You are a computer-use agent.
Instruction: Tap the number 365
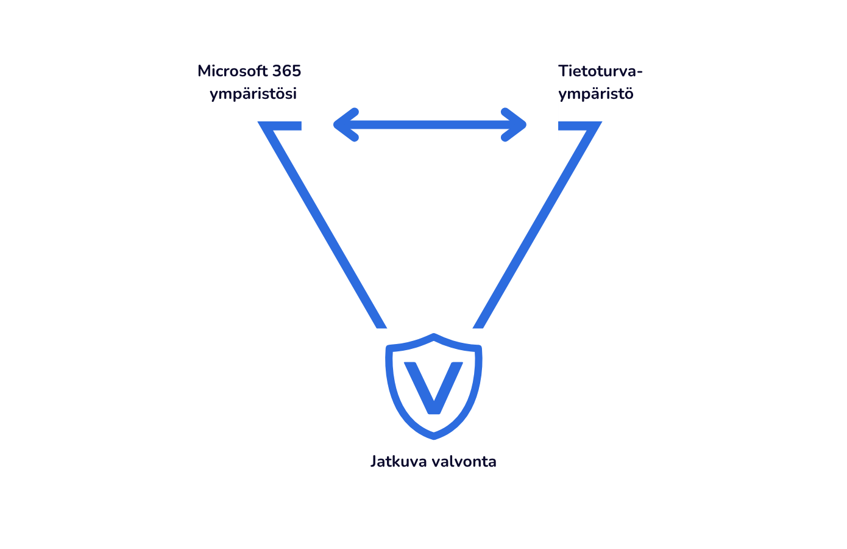click(x=286, y=71)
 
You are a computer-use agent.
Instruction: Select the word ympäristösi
click(x=253, y=95)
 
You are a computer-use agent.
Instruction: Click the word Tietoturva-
click(x=600, y=71)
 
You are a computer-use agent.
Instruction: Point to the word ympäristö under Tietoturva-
click(x=595, y=95)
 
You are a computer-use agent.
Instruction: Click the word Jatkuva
click(x=398, y=462)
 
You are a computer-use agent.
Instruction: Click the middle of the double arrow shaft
click(x=430, y=125)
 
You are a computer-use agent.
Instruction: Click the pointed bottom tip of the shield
click(x=433, y=436)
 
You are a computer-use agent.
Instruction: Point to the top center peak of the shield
click(x=433, y=337)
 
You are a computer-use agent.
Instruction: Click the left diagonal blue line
click(x=323, y=226)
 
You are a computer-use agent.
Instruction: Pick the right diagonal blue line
click(x=536, y=226)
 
